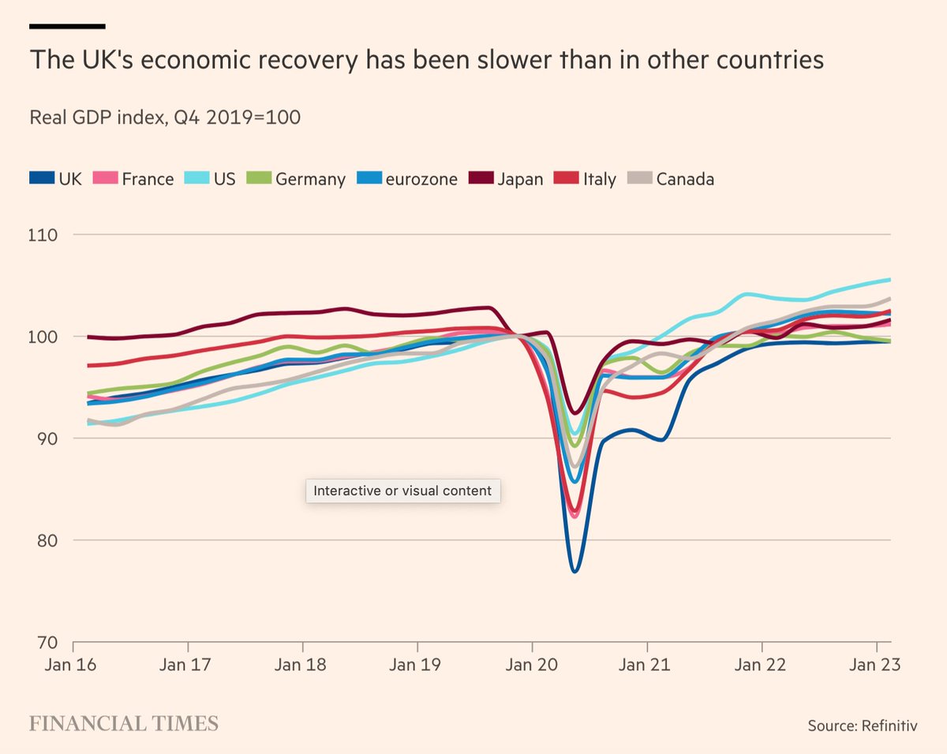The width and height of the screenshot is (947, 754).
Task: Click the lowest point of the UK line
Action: (575, 571)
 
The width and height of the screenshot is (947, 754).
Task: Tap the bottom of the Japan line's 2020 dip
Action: (576, 412)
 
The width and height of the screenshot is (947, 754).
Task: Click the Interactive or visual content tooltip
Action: (402, 491)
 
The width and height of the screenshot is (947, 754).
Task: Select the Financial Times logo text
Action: (124, 723)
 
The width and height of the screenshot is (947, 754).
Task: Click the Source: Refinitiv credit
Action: (862, 725)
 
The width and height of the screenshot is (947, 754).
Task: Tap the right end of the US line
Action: (889, 279)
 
